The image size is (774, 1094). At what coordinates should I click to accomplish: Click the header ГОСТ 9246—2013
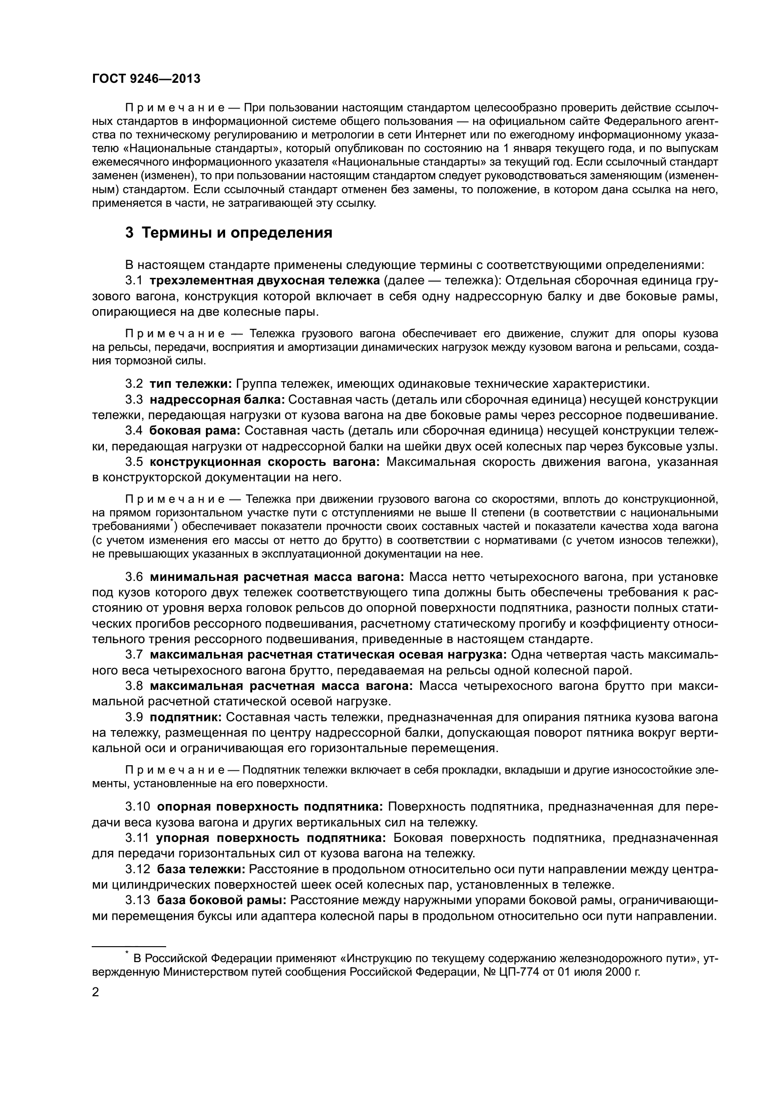click(146, 79)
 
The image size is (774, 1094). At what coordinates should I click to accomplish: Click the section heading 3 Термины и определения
click(229, 233)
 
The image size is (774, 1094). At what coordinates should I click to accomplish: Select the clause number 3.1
click(134, 281)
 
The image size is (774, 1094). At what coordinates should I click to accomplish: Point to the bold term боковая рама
click(195, 431)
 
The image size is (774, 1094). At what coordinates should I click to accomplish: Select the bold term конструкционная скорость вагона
click(264, 462)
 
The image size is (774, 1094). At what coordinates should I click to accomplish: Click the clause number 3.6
click(134, 577)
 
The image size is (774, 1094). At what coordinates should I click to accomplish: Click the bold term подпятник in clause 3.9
click(185, 717)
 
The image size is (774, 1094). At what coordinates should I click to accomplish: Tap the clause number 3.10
click(138, 807)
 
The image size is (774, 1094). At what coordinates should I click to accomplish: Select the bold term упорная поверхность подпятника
click(270, 838)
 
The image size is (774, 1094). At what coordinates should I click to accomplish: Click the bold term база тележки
click(201, 869)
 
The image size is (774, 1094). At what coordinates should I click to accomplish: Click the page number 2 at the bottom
click(95, 993)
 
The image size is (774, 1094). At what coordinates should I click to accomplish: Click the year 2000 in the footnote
click(619, 972)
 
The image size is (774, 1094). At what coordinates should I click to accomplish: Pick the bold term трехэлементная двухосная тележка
click(264, 281)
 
